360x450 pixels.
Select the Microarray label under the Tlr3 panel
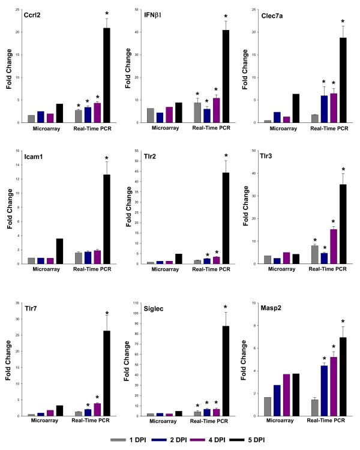[283, 269]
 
